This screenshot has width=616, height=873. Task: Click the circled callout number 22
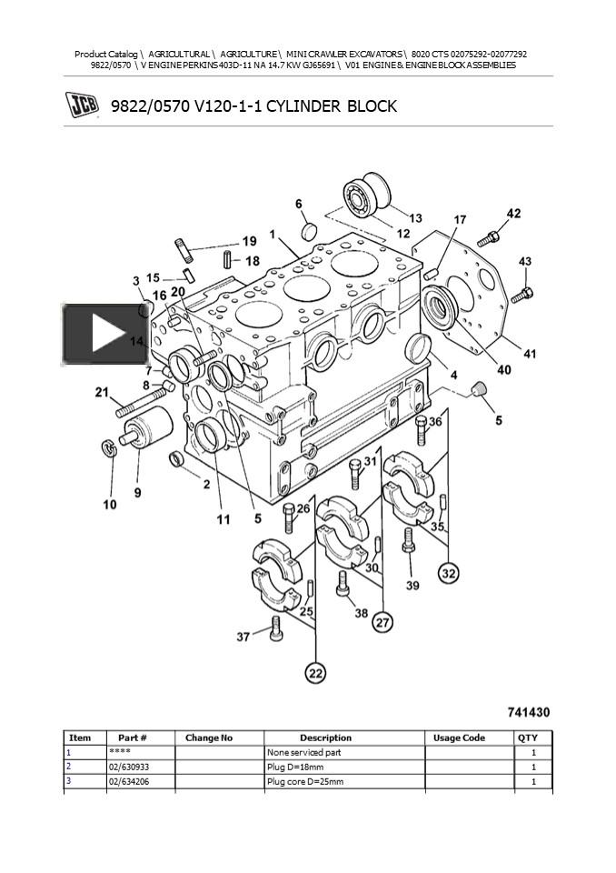tap(315, 674)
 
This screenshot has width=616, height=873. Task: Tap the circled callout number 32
tap(449, 573)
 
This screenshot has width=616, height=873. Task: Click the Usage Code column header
tap(459, 738)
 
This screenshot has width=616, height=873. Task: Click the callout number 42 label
tap(513, 214)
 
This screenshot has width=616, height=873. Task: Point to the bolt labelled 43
tap(521, 294)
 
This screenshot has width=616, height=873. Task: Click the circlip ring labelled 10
tap(108, 450)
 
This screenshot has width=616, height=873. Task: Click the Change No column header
tap(209, 738)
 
